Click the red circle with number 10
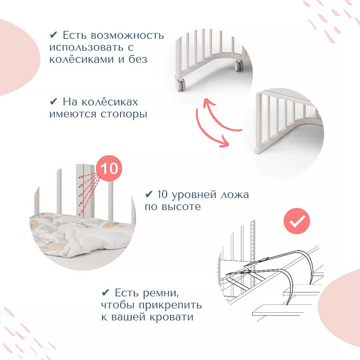pos(109,168)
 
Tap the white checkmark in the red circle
pos(297,221)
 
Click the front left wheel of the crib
pos(180,85)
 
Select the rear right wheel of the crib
pos(239,65)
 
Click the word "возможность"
pos(127,36)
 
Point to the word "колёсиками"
pos(82,59)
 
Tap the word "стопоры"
pos(124,114)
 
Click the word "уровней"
pos(194,195)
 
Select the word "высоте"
pos(181,207)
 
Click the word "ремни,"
pos(160,293)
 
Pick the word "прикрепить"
pos(170,306)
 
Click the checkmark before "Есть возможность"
pos(53,35)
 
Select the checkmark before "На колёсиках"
pos(53,101)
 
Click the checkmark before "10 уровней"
pos(149,194)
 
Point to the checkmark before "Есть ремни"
pos(105,293)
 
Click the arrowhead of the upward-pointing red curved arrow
pos(208,103)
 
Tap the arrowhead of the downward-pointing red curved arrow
pos(224,142)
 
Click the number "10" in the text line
pos(162,195)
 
